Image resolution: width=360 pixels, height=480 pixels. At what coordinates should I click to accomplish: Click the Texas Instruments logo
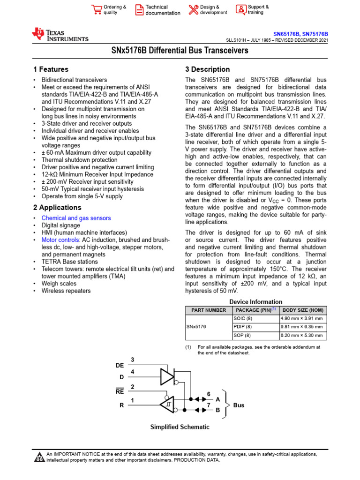click(60, 35)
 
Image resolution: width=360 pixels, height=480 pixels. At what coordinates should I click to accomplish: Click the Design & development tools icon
click(193, 9)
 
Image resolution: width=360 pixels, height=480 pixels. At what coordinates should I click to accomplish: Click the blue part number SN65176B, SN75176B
click(300, 34)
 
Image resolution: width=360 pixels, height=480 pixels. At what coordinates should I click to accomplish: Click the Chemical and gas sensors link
click(76, 218)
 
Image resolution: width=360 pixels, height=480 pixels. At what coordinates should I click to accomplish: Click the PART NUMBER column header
click(209, 310)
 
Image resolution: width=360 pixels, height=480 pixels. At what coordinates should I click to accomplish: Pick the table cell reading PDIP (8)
click(242, 327)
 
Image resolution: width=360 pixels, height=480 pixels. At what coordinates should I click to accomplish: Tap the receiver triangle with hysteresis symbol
click(168, 404)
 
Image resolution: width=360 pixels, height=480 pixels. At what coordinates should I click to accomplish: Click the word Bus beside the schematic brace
click(239, 405)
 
